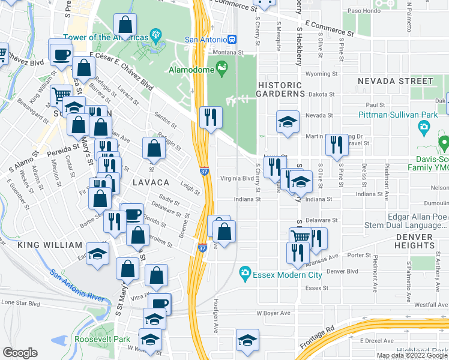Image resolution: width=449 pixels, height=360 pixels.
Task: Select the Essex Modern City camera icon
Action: tap(245, 273)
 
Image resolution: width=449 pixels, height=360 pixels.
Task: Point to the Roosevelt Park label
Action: tap(102, 339)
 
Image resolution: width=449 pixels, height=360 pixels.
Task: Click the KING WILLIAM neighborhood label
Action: tap(49, 245)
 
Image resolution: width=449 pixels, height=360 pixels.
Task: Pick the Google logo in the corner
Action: tap(20, 353)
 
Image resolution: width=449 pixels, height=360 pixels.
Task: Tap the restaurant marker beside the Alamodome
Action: tap(210, 117)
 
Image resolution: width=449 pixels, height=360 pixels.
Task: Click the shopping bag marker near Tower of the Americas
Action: tap(125, 25)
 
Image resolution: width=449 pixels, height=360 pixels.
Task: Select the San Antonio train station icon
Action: tap(232, 39)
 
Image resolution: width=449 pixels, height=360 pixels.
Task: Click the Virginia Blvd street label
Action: tap(237, 178)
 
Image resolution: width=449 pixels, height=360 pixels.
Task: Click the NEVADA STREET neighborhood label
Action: tap(395, 80)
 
